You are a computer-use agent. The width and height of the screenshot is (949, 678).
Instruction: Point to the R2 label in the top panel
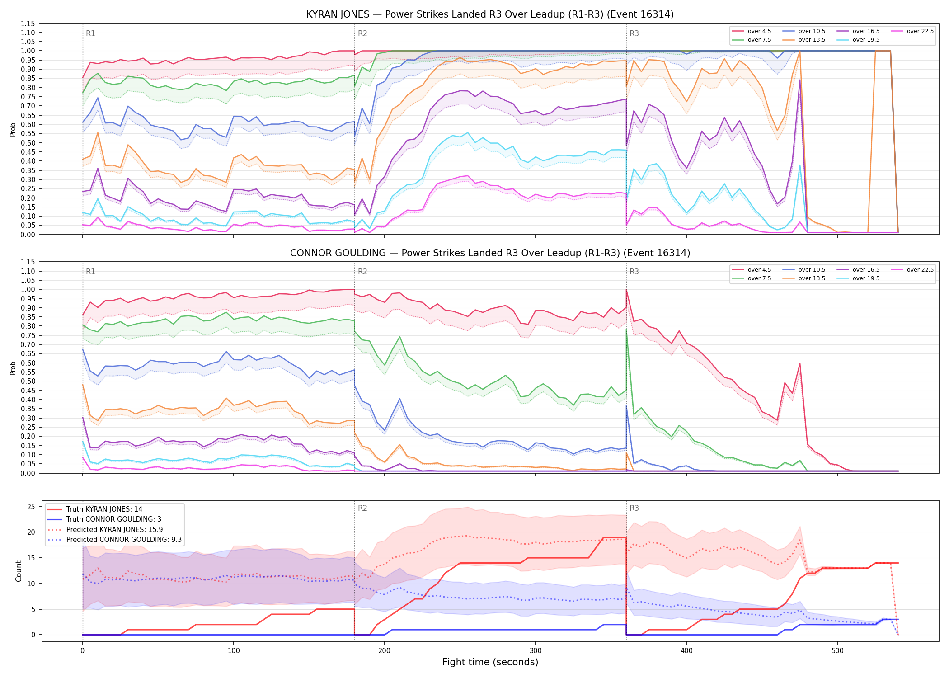(362, 33)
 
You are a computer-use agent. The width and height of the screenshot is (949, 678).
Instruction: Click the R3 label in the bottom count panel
(634, 508)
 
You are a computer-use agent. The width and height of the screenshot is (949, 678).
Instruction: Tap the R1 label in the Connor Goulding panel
(90, 272)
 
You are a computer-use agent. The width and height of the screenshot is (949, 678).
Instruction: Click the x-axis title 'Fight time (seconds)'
(490, 662)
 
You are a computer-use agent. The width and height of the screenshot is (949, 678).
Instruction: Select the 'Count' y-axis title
(19, 571)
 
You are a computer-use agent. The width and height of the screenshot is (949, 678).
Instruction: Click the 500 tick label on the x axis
(837, 651)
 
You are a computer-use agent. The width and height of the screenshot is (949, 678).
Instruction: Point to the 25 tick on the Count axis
(31, 507)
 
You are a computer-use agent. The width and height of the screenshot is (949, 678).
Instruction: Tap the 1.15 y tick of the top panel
(28, 24)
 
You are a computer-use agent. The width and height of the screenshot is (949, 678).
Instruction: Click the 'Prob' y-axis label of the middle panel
(13, 368)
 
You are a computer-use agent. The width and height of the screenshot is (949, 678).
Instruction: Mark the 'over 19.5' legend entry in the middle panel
(858, 278)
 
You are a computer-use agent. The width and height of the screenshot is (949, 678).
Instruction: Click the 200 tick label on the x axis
(384, 651)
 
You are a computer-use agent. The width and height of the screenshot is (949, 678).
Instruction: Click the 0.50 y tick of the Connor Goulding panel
(28, 381)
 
